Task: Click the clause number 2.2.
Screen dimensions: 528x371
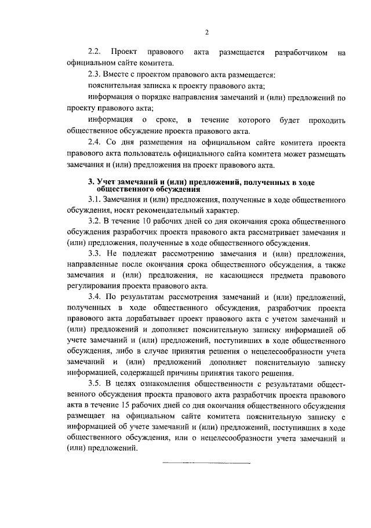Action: pyautogui.click(x=94, y=53)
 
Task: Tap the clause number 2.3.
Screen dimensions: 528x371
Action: pyautogui.click(x=94, y=75)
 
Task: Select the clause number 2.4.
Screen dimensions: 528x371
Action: pyautogui.click(x=94, y=143)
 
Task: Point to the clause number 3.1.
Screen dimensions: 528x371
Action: pyautogui.click(x=94, y=199)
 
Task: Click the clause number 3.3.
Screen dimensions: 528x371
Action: pyautogui.click(x=94, y=253)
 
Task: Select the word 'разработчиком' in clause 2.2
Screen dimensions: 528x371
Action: pyautogui.click(x=295, y=53)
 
